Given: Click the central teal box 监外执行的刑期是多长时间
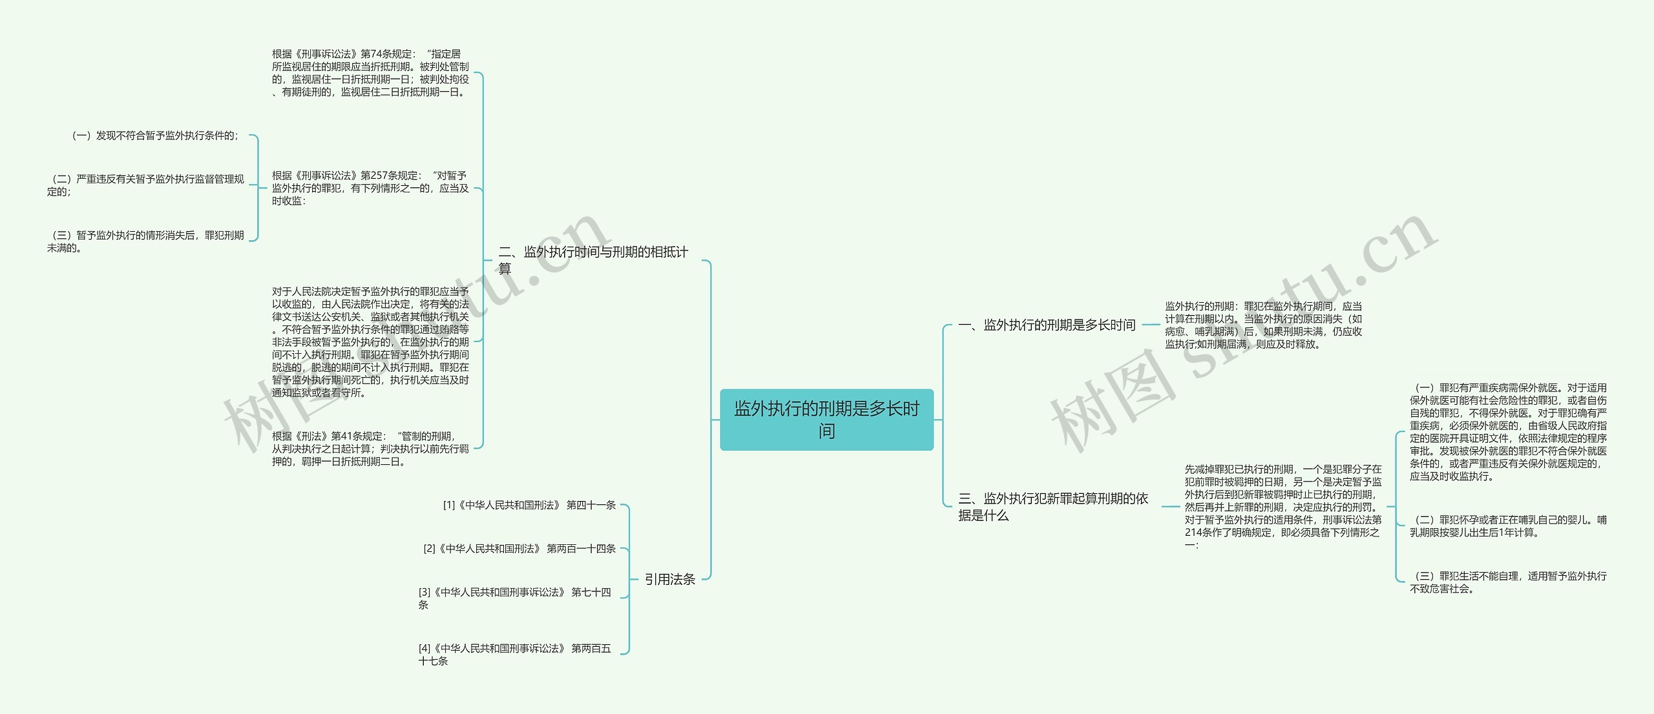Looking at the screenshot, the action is (x=826, y=420).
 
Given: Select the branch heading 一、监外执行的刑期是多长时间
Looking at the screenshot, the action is (x=1047, y=325).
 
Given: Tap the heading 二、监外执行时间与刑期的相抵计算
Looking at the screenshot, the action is (x=593, y=260).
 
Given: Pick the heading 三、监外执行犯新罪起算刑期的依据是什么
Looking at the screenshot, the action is (x=1053, y=507).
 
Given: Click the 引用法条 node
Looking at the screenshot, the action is (x=670, y=579).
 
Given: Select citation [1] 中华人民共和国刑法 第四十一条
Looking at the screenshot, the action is (x=529, y=505).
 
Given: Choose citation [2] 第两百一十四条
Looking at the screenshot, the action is (x=519, y=549).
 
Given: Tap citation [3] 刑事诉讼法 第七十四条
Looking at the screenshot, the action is (x=514, y=598).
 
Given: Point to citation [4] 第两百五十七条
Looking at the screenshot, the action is (x=514, y=655).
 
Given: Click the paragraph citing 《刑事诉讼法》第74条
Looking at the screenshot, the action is (x=370, y=73).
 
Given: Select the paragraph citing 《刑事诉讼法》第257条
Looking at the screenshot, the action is (x=370, y=188).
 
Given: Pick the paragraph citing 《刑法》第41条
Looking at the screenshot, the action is (x=370, y=449).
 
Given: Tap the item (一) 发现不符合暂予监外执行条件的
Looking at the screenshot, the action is (x=155, y=136).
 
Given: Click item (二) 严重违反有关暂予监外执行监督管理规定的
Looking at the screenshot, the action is (x=146, y=185).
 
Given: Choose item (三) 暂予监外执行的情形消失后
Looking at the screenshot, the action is (x=146, y=241).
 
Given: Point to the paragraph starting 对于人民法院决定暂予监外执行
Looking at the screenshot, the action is (x=370, y=342).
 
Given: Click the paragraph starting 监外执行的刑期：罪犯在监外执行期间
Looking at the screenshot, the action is (x=1263, y=325).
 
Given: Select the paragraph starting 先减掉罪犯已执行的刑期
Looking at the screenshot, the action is (x=1282, y=507).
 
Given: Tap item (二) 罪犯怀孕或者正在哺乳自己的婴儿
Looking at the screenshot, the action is (x=1508, y=526).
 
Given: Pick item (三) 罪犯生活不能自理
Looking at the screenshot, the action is (x=1508, y=582).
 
